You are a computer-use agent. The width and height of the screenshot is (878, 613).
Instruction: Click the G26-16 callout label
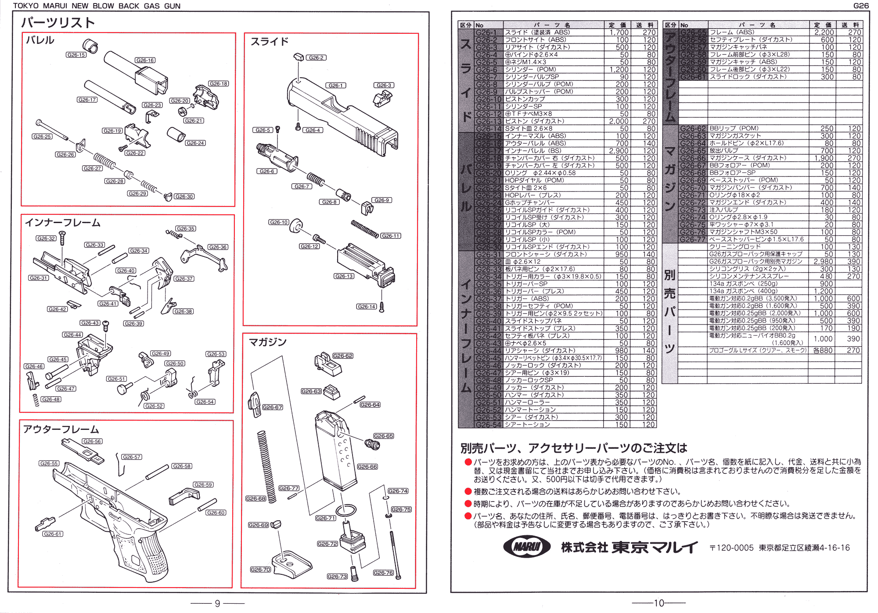[145, 60]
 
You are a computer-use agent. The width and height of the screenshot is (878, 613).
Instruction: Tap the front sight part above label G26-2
[299, 57]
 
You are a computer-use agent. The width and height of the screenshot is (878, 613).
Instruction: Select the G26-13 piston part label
[344, 276]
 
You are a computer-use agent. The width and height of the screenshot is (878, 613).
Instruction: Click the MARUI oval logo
[527, 547]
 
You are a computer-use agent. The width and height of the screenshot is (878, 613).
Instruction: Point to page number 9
[217, 604]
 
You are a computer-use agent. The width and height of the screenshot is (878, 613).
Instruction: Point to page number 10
[659, 603]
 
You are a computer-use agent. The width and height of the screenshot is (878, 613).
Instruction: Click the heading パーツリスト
[58, 22]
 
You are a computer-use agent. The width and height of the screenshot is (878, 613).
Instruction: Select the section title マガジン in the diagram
[267, 342]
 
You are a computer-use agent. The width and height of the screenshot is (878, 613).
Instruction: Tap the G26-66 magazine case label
[367, 467]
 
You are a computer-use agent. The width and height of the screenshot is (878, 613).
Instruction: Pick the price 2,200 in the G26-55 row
[824, 32]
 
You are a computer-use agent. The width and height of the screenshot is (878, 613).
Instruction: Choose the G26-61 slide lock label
[53, 534]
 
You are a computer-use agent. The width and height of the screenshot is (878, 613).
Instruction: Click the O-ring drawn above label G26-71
[346, 511]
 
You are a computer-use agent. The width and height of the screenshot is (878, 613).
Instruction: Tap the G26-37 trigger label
[184, 279]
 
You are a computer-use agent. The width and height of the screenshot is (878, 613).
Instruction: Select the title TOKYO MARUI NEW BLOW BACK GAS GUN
[97, 6]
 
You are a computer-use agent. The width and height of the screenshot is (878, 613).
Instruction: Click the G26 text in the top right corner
[860, 6]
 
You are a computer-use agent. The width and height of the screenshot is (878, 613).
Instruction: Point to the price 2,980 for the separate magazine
[824, 262]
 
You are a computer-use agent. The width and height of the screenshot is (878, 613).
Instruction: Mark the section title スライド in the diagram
[269, 42]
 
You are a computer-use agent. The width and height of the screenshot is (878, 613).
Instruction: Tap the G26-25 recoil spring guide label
[42, 137]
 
